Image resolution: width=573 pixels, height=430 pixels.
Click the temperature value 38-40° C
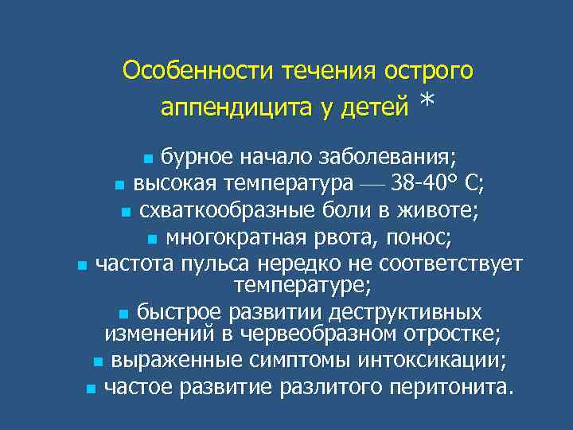439,184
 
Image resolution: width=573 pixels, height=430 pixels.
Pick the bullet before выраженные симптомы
97,362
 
